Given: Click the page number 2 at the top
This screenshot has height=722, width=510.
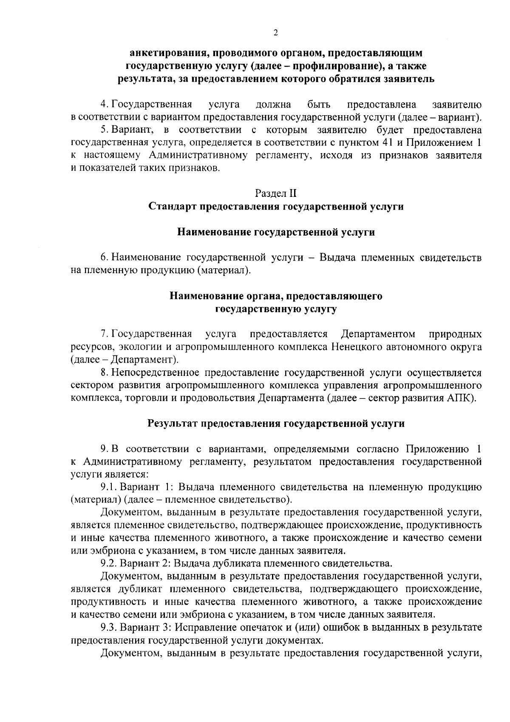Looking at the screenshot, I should click(275, 34).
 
